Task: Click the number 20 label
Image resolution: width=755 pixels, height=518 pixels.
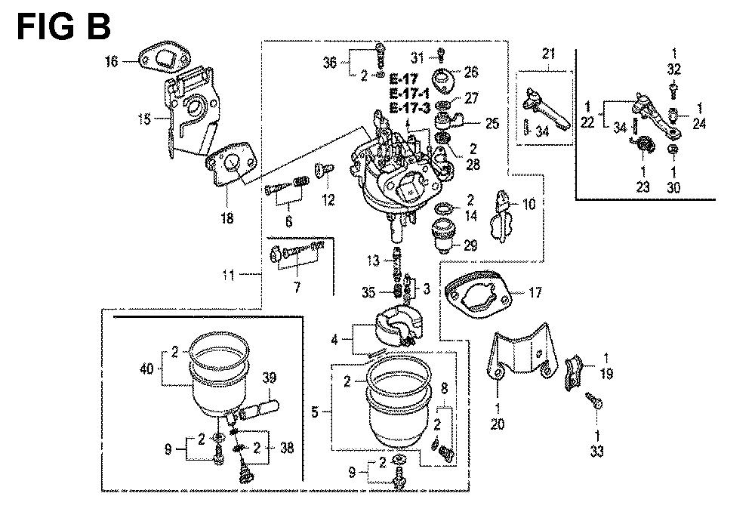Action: [x=498, y=425]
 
